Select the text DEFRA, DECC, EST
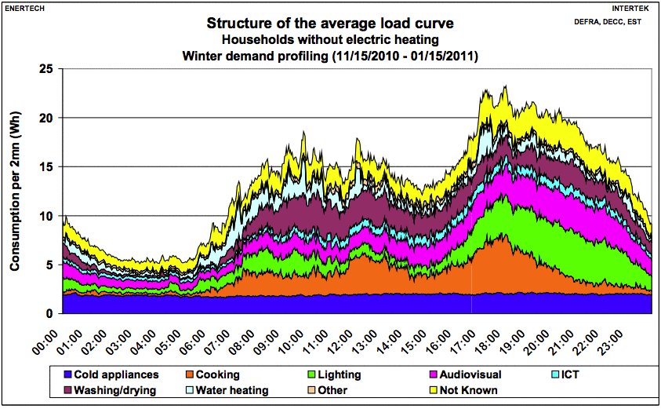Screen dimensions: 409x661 click(x=608, y=21)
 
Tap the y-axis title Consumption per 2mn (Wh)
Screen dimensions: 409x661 click(x=14, y=191)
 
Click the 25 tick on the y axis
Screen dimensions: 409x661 click(x=46, y=69)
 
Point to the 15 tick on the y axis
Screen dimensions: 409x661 click(x=46, y=167)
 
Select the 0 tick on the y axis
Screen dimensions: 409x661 click(x=49, y=314)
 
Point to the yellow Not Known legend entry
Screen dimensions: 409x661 click(x=467, y=390)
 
